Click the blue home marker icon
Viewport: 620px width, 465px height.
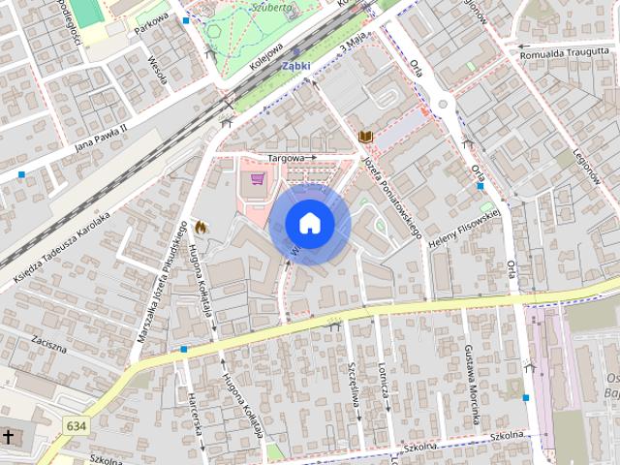tap(310, 224)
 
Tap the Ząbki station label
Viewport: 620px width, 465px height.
tap(295, 66)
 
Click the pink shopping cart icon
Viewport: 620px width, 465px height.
tap(257, 178)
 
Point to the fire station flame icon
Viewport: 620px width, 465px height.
tap(201, 226)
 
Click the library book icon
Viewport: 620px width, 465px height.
tap(365, 137)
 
